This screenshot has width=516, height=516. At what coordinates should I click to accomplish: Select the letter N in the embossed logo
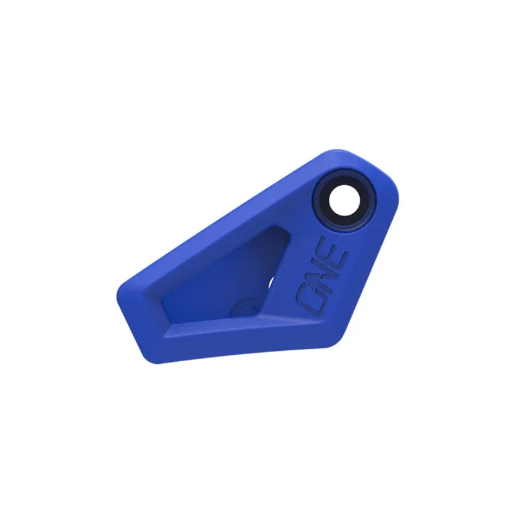[x=323, y=273]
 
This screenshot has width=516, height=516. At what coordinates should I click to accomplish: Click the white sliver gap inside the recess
[x=270, y=282]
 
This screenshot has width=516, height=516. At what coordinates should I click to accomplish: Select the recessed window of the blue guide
[x=219, y=284]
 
